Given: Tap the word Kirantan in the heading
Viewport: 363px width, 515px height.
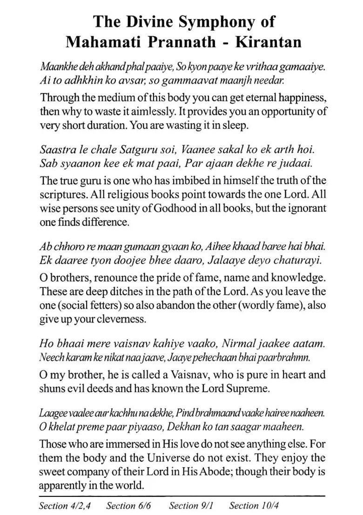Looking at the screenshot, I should click(x=269, y=42).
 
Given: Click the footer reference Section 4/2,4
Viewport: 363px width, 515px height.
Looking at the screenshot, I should click(x=65, y=505).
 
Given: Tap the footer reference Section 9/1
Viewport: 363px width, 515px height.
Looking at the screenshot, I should click(x=191, y=505).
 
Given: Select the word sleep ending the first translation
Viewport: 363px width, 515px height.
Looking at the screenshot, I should click(x=235, y=125).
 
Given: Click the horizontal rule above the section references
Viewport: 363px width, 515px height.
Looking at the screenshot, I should click(x=181, y=495).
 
